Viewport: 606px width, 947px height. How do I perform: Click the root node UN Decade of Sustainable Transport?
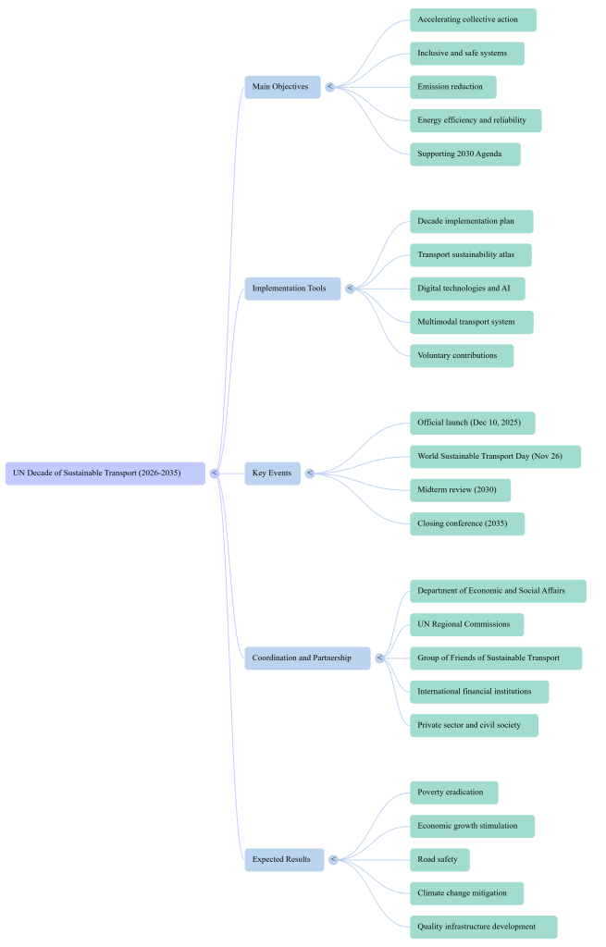[105, 473]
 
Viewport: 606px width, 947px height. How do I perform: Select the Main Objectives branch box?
[282, 87]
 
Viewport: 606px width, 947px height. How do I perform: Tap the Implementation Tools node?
[291, 289]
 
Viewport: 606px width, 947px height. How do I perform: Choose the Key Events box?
[273, 473]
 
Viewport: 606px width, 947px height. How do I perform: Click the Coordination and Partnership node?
[307, 658]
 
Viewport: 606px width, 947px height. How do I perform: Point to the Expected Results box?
[284, 860]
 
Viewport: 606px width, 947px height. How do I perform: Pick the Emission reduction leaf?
[452, 87]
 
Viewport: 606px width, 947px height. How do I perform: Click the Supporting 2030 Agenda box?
[464, 154]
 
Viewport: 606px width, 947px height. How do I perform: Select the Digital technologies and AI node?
[467, 289]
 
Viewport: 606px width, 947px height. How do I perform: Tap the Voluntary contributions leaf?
[461, 355]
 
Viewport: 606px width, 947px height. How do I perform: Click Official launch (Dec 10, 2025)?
[472, 423]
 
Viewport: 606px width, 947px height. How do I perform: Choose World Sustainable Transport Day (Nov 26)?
[495, 457]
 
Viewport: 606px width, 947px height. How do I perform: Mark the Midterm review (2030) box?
[460, 490]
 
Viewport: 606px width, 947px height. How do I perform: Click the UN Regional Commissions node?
[466, 624]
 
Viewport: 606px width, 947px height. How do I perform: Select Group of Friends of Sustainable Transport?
[496, 658]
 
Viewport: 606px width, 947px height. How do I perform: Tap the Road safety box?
[439, 860]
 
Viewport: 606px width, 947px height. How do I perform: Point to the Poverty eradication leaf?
[453, 793]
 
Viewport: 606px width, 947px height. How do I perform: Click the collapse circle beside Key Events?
[310, 473]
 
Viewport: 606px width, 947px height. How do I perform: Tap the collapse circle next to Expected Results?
[333, 860]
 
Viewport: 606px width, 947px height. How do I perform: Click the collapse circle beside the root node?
[214, 473]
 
